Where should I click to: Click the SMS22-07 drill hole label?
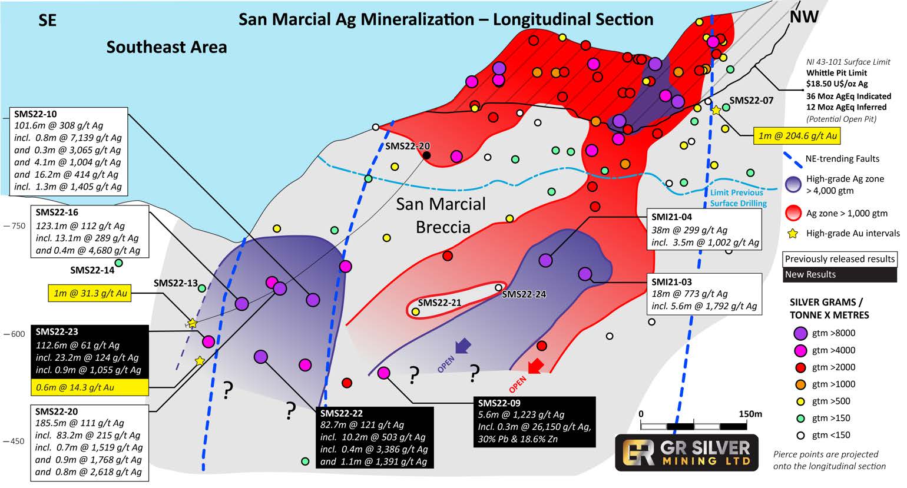click(x=751, y=101)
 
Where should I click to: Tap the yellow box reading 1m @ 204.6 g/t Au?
click(x=797, y=137)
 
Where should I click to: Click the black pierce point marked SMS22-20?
click(x=426, y=155)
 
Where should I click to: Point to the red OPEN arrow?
click(x=535, y=367)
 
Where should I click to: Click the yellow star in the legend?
click(x=793, y=234)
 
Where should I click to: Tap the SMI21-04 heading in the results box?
click(x=671, y=217)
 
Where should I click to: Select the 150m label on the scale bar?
click(x=750, y=414)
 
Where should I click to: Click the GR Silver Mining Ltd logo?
click(x=686, y=452)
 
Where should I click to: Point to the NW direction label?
click(x=804, y=16)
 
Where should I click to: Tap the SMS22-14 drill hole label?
click(x=92, y=270)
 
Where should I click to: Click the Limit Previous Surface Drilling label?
click(x=737, y=198)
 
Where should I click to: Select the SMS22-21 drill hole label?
click(x=439, y=303)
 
